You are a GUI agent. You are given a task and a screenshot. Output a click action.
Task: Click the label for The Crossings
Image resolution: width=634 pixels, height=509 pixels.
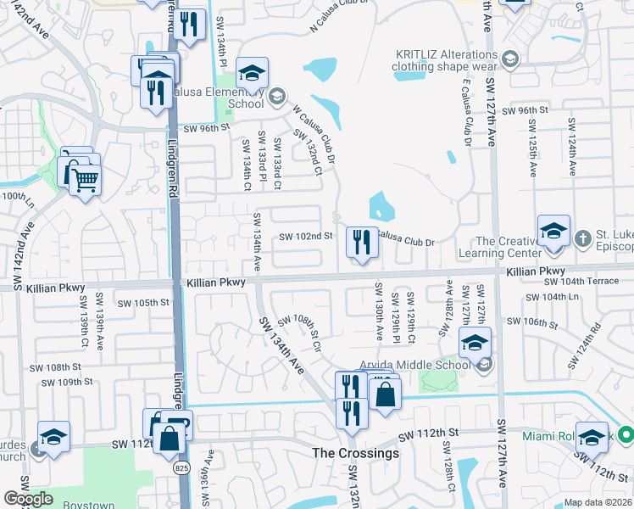coord(355,453)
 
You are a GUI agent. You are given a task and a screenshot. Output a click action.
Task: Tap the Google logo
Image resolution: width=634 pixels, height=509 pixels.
coord(28,499)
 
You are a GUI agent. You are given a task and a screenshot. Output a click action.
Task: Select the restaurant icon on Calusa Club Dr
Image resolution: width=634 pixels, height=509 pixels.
coord(362,243)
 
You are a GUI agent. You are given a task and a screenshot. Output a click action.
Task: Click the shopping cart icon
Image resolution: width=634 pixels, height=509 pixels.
coord(84,179)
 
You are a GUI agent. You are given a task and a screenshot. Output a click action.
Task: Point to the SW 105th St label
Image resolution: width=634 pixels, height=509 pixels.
coord(143,302)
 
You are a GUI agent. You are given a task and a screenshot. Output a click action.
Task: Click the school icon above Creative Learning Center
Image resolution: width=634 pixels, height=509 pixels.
coord(553,232)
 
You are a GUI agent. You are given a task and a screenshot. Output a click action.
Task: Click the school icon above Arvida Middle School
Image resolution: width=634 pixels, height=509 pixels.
coord(475,344)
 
